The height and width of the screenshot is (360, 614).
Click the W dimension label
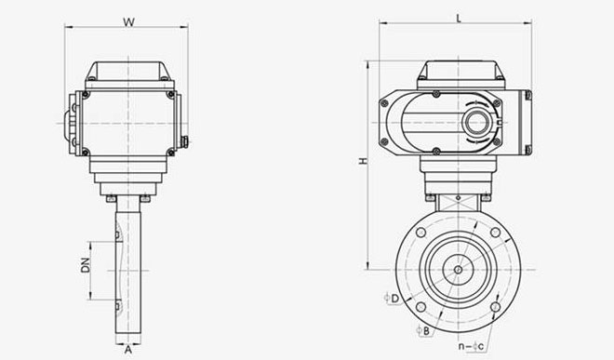click(128, 22)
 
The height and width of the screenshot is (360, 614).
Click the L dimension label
click(459, 18)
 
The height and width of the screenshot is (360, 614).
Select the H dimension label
click(364, 161)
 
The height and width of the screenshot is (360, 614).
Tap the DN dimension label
click(86, 265)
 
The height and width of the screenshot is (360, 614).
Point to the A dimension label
click(128, 350)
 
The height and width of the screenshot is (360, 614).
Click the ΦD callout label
click(391, 299)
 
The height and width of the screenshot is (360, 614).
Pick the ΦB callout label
click(423, 331)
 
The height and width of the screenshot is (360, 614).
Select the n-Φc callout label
click(471, 346)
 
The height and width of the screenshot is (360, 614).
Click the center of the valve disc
click(458, 270)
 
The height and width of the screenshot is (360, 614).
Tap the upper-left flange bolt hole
click(420, 233)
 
